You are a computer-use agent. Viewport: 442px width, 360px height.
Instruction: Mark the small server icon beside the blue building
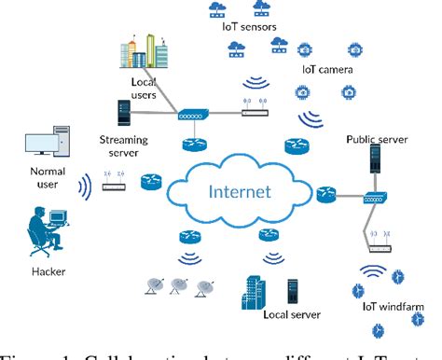[x=292, y=290]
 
